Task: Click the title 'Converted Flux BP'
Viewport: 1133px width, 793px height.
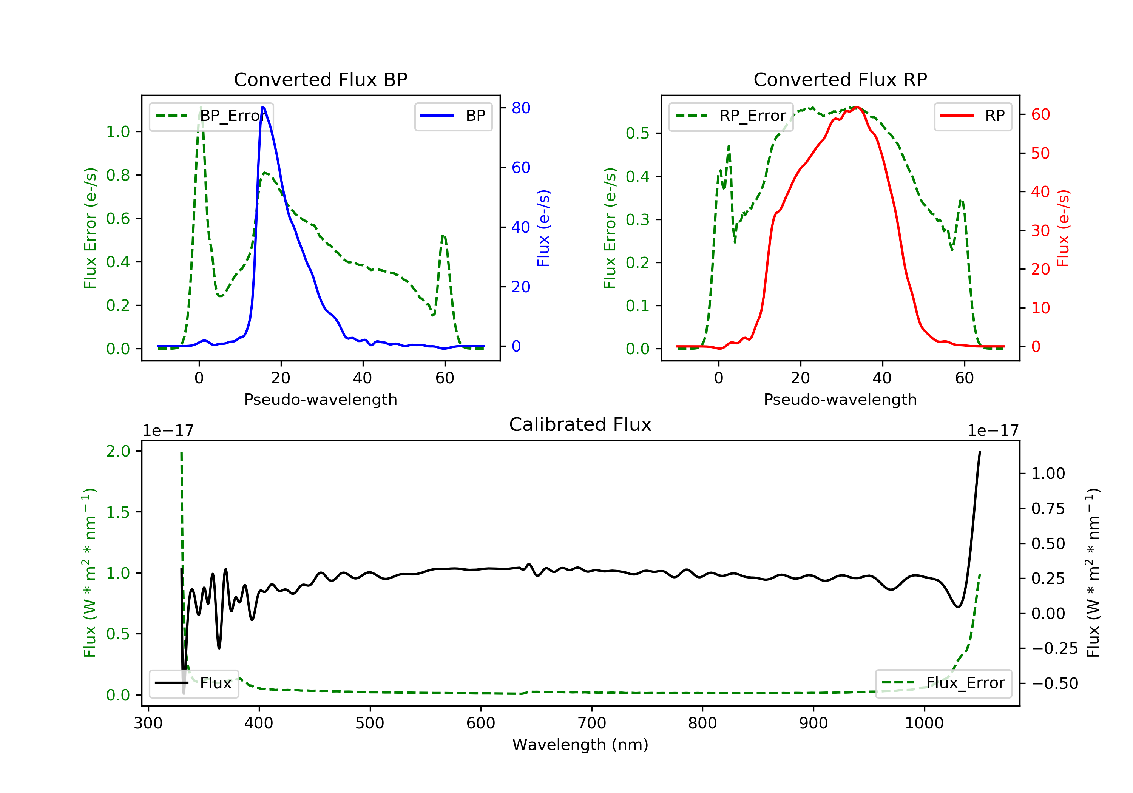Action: [x=320, y=79]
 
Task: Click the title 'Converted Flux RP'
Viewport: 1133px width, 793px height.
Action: [x=840, y=79]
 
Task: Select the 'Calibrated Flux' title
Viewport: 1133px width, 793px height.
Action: [x=580, y=424]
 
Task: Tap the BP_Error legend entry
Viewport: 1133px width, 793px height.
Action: [x=211, y=116]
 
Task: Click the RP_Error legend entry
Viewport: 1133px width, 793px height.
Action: [x=731, y=116]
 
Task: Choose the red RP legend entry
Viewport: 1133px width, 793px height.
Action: [x=972, y=116]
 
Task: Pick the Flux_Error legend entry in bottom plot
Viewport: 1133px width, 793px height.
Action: [x=943, y=683]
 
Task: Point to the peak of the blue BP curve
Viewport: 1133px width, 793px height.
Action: [x=262, y=107]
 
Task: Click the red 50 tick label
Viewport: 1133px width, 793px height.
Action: [x=1040, y=153]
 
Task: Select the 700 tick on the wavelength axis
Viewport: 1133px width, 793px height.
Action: [x=592, y=724]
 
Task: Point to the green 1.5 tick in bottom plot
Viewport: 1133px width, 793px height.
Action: [x=118, y=512]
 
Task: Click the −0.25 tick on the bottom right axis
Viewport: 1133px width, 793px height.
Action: [x=1054, y=648]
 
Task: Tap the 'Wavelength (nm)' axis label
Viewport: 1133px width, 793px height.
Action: [x=580, y=745]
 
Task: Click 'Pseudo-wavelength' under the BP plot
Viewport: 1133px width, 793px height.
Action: [x=321, y=399]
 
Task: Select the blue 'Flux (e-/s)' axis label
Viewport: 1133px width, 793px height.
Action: [x=543, y=228]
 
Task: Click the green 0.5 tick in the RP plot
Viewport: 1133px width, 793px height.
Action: [x=638, y=133]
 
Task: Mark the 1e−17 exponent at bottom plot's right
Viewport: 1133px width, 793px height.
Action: [x=993, y=431]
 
